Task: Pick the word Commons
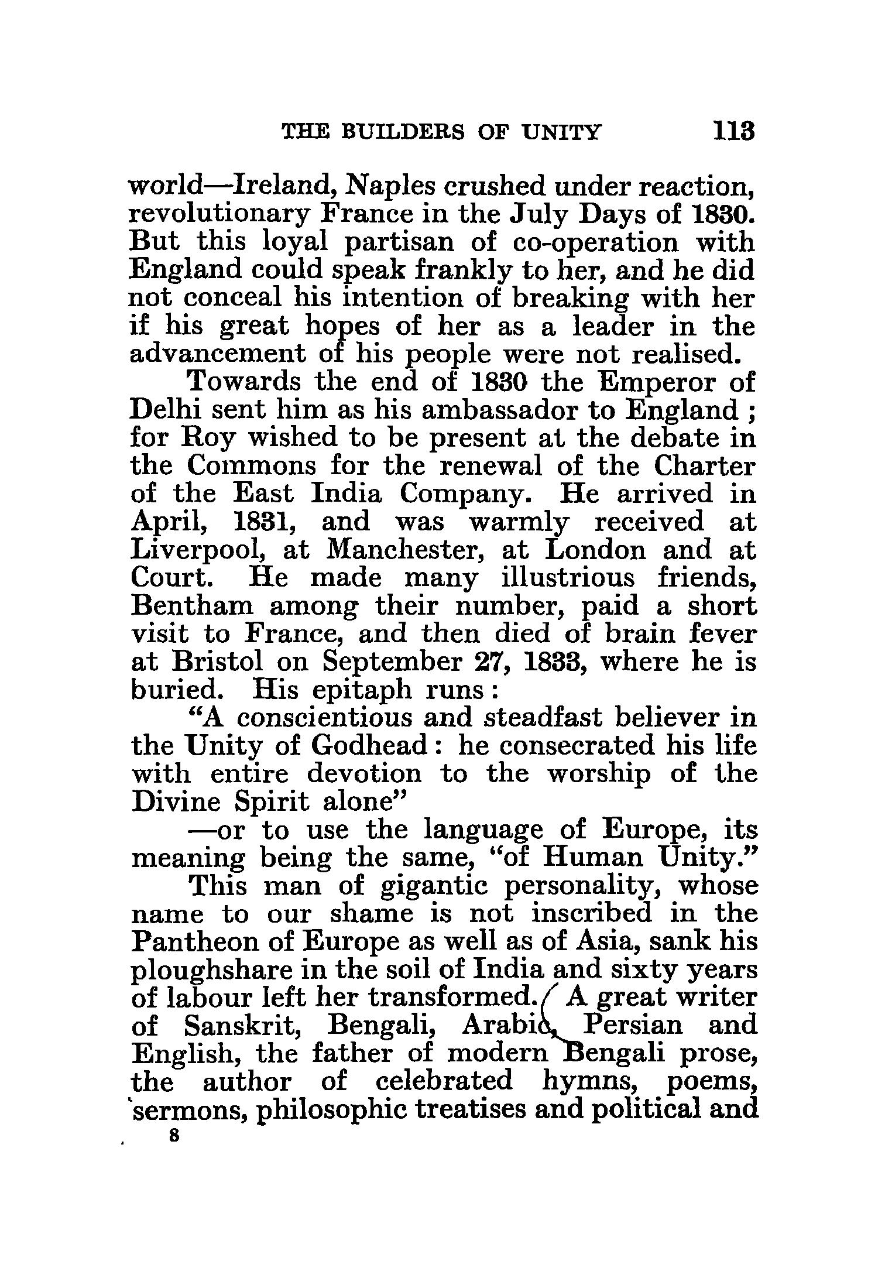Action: coord(253,466)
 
